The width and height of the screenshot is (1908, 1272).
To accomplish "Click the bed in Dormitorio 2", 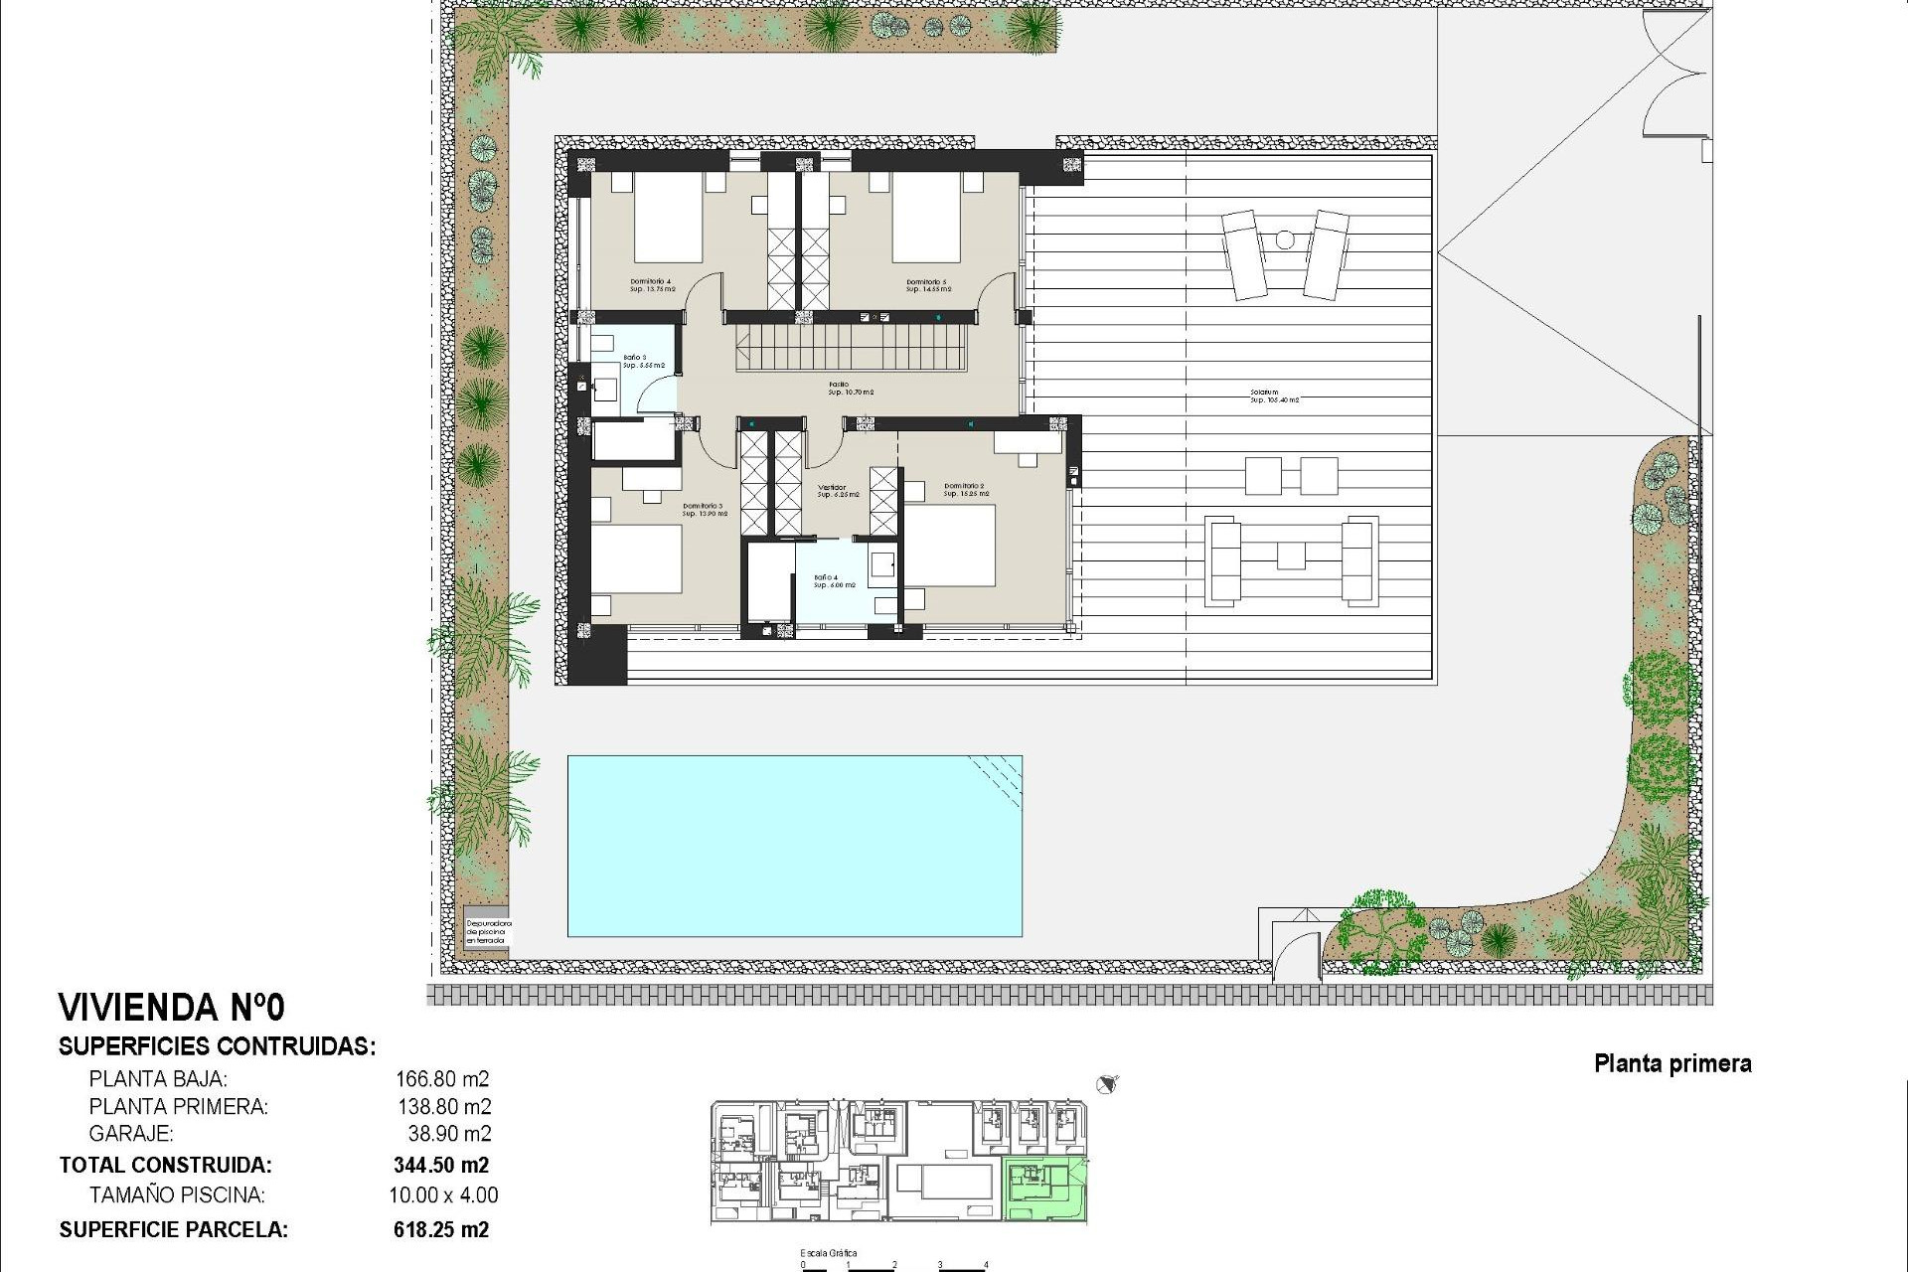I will pyautogui.click(x=950, y=546).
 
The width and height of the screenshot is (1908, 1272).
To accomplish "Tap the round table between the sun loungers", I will pyautogui.click(x=1285, y=239).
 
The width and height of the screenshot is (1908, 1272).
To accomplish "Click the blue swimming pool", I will pyautogui.click(x=794, y=846).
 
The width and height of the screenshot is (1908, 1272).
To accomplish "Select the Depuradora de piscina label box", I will pyautogui.click(x=487, y=931).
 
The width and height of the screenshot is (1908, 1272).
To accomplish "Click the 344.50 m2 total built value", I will pyautogui.click(x=441, y=1165).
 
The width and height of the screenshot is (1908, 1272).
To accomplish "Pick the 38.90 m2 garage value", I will pyautogui.click(x=449, y=1134).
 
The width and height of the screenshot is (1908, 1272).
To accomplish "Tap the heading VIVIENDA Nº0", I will pyautogui.click(x=172, y=1008).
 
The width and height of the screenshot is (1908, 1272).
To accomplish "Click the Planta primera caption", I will pyautogui.click(x=1672, y=1064).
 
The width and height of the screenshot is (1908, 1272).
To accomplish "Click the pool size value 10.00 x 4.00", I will pyautogui.click(x=443, y=1195).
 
